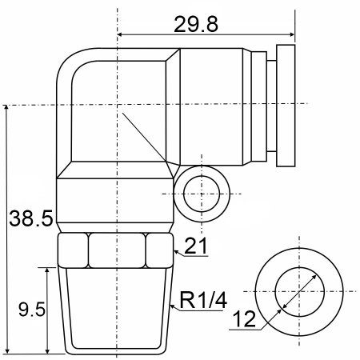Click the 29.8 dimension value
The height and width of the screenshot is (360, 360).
pos(196,24)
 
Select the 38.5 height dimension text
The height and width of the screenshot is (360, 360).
pos(31,218)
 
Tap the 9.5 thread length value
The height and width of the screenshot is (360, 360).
pos(32,310)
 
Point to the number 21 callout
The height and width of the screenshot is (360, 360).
pos(195,246)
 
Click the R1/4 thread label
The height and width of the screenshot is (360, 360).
pos(203,300)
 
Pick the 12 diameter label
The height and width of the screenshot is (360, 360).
pos(244,319)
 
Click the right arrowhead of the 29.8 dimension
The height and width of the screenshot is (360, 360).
pos(292,34)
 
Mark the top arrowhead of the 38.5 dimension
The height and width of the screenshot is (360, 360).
pos(6,108)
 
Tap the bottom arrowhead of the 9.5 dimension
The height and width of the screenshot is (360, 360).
pos(47,350)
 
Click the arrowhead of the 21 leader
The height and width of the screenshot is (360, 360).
pos(176,252)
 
